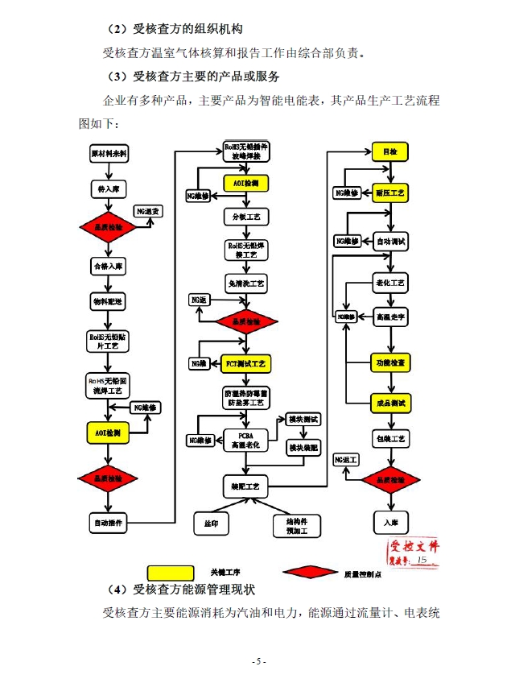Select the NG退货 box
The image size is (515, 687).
[148, 211]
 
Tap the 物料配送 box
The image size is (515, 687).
[108, 300]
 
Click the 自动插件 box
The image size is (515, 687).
[108, 523]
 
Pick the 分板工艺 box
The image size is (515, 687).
[245, 217]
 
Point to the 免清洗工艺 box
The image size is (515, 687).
[245, 283]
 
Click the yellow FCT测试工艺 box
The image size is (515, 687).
[245, 364]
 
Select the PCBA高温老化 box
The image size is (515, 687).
[245, 439]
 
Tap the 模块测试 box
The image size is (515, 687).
[303, 419]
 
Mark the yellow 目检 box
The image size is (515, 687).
[391, 152]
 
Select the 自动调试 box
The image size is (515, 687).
[391, 241]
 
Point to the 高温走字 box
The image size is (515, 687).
[391, 317]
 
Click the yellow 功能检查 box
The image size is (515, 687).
[391, 362]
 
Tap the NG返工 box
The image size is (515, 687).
[347, 459]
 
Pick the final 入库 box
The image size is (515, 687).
[391, 522]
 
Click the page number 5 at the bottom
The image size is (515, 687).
[257, 661]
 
